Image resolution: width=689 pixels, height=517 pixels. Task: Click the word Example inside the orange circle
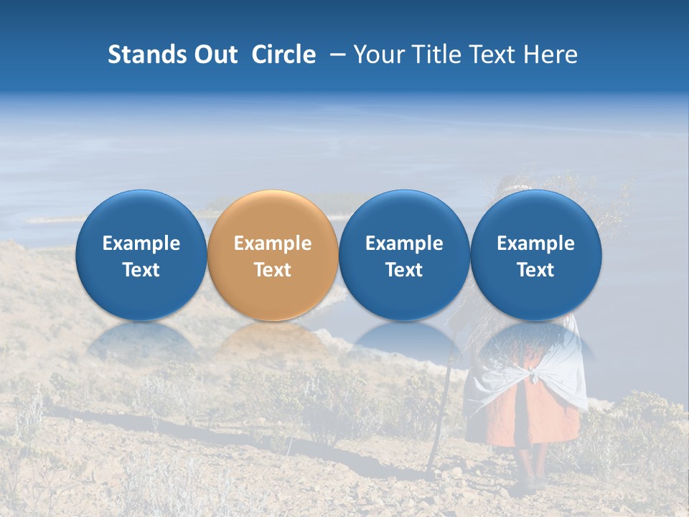click(x=273, y=243)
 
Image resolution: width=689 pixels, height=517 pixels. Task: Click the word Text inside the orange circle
click(x=273, y=270)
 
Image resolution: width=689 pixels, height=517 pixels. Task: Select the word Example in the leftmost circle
click(x=141, y=243)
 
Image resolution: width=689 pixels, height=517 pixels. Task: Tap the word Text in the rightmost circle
click(x=535, y=270)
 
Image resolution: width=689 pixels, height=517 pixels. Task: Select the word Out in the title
click(x=216, y=55)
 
